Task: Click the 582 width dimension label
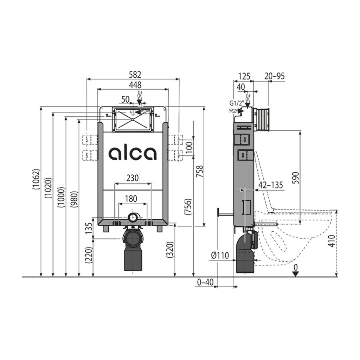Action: tap(135, 75)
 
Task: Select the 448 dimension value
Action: tap(135, 85)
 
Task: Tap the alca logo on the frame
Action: tap(133, 153)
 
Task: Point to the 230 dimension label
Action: tap(133, 178)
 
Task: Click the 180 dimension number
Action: tap(131, 198)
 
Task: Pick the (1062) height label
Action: tap(36, 179)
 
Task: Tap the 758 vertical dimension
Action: tap(200, 171)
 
